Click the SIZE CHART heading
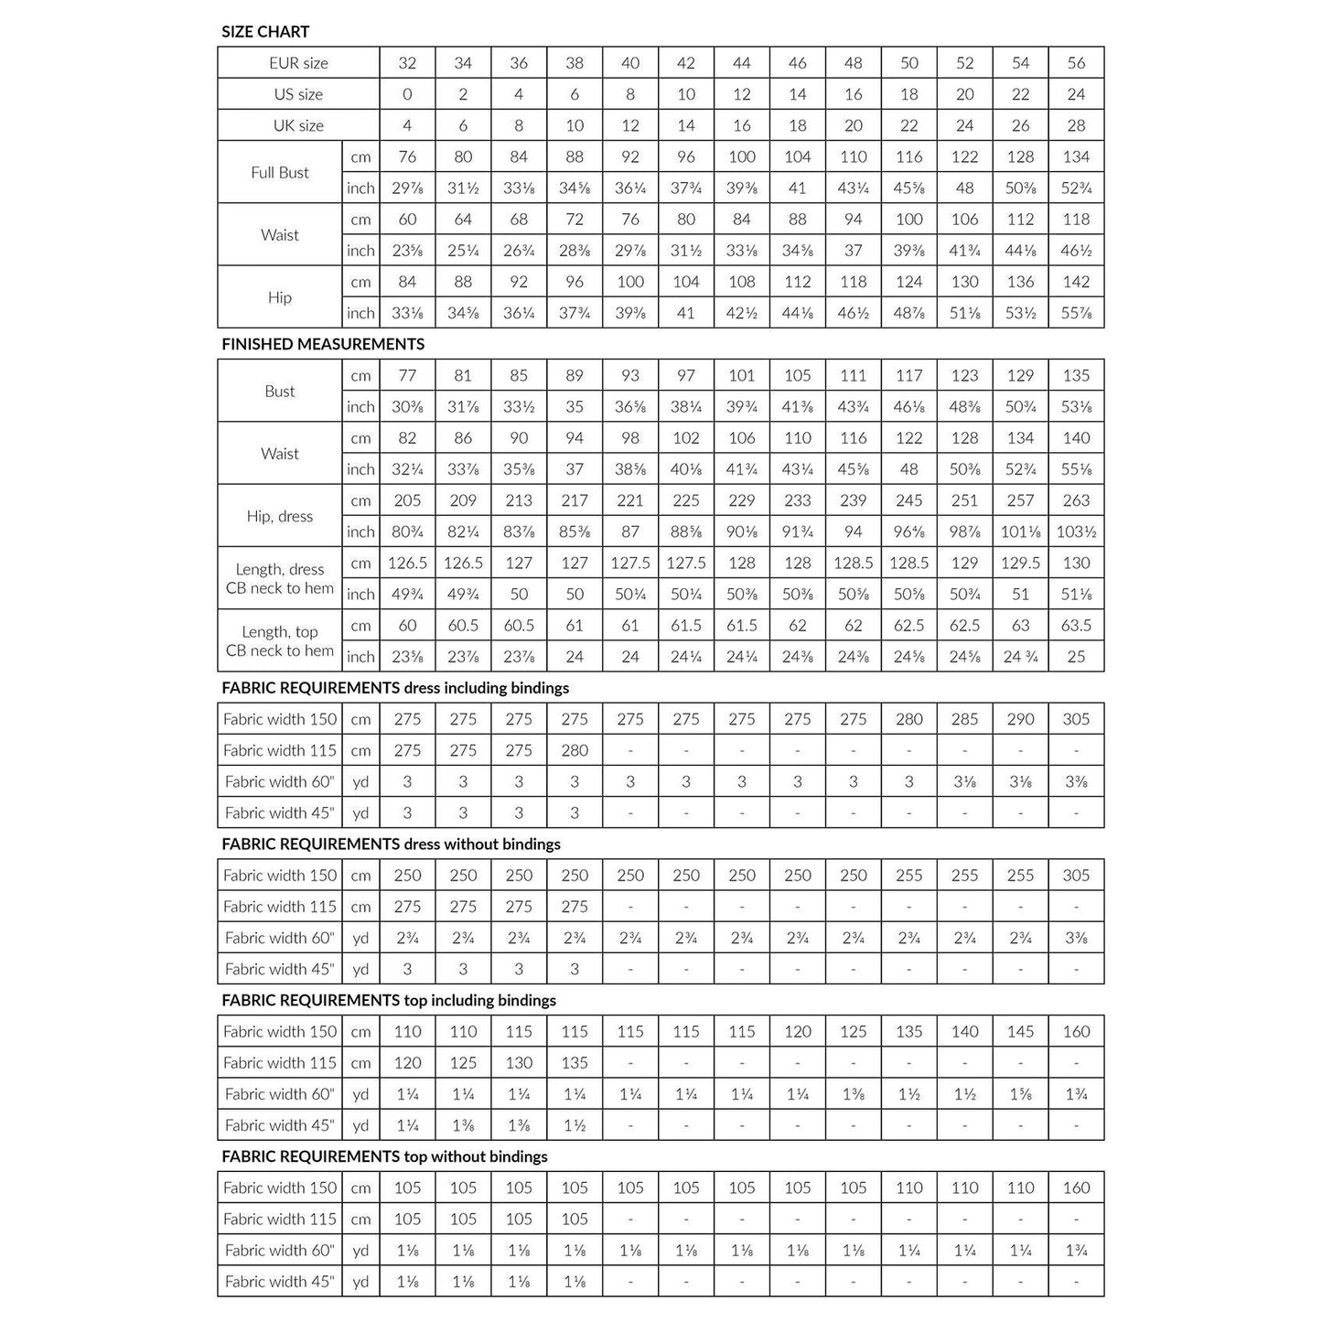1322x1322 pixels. [x=265, y=32]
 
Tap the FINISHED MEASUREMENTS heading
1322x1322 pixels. [x=323, y=344]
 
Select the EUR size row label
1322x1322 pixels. [x=298, y=63]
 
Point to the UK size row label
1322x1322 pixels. [x=298, y=125]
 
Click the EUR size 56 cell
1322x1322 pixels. [x=1076, y=63]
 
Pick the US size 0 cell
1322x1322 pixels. [x=407, y=94]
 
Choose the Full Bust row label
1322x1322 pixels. [x=280, y=172]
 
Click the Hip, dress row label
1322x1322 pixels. [x=280, y=516]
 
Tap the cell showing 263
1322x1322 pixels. [x=1076, y=500]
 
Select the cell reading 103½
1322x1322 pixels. [x=1076, y=532]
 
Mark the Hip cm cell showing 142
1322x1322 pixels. [x=1076, y=282]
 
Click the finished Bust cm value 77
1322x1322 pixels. [x=407, y=375]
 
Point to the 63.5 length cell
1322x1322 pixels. [x=1076, y=626]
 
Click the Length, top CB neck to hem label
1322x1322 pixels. [x=280, y=641]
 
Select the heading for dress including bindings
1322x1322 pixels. [x=395, y=688]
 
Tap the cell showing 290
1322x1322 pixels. [x=1020, y=719]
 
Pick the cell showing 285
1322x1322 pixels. [x=964, y=719]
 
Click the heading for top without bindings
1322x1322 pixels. [x=384, y=1156]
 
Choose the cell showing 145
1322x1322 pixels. [x=1020, y=1032]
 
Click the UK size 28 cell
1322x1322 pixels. [x=1076, y=125]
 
